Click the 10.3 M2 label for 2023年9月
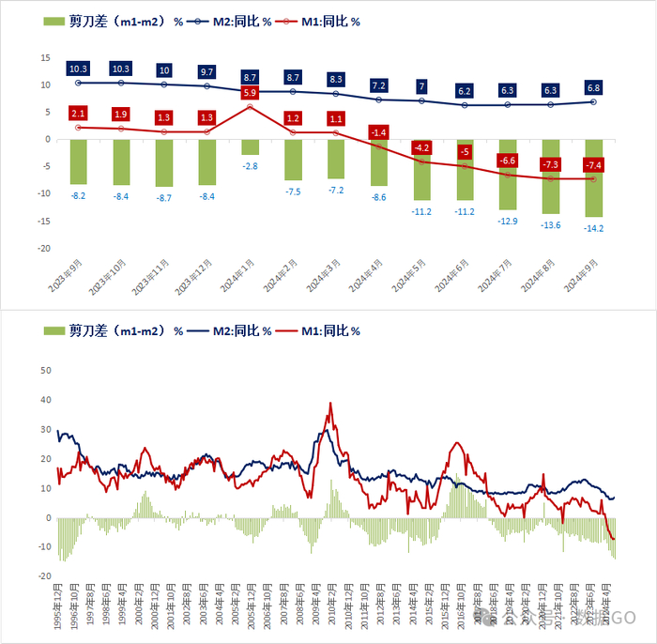(x=78, y=69)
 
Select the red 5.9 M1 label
(x=250, y=93)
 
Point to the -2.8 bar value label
(x=250, y=165)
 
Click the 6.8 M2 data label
(x=593, y=88)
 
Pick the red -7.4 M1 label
(x=593, y=165)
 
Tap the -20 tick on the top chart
(x=42, y=249)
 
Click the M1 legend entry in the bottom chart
(x=328, y=330)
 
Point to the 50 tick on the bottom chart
(x=44, y=370)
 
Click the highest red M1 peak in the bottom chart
(x=330, y=404)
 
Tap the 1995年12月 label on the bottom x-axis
(x=59, y=606)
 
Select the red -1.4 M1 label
(x=378, y=133)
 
